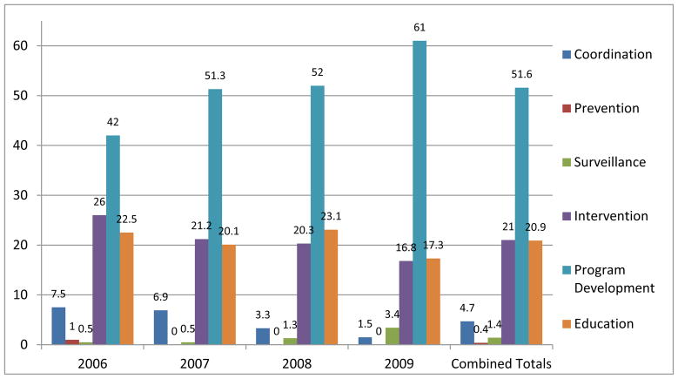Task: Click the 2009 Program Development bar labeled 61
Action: (x=420, y=193)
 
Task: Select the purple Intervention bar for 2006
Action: (x=99, y=280)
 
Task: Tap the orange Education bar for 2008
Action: (x=332, y=287)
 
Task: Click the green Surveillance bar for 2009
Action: (x=393, y=336)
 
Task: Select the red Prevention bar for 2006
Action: (x=71, y=342)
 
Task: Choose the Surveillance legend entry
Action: (x=614, y=162)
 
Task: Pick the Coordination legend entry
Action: (x=614, y=54)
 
